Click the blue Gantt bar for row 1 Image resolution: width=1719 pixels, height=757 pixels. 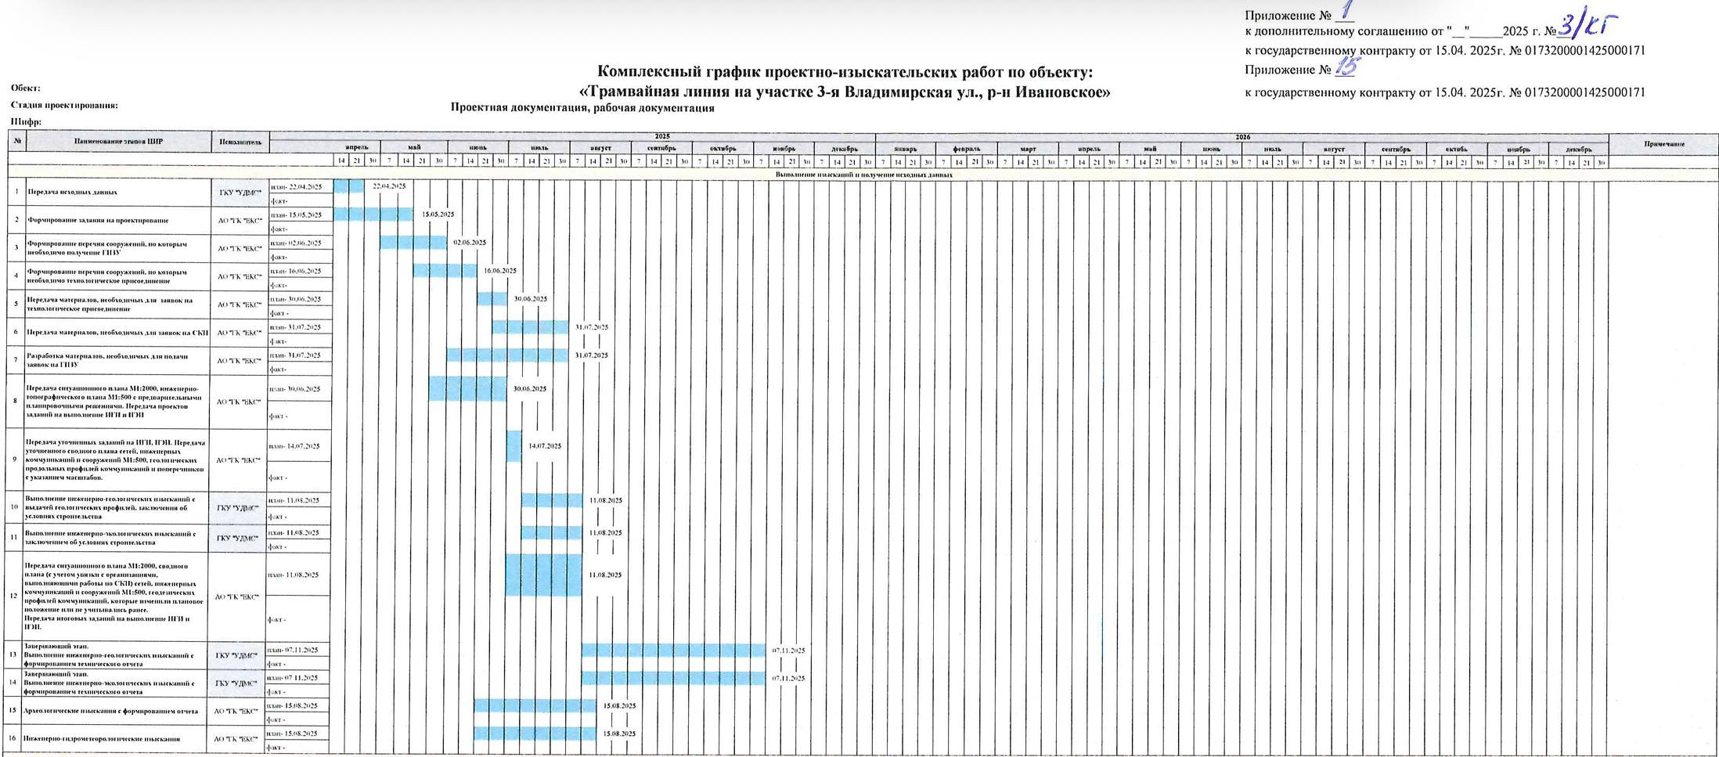(348, 186)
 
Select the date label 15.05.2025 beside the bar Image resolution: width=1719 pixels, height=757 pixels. (438, 214)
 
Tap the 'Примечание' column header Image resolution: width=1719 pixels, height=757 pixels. (1663, 143)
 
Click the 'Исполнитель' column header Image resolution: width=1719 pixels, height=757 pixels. (240, 142)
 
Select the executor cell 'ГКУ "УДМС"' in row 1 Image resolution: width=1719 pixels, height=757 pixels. (238, 193)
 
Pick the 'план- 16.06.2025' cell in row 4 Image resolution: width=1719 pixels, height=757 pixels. (297, 271)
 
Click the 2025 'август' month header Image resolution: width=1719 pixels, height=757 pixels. (600, 148)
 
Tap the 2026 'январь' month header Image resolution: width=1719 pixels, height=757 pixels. (906, 148)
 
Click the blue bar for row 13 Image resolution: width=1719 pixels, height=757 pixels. (673, 650)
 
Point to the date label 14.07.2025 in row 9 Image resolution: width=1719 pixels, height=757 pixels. (545, 446)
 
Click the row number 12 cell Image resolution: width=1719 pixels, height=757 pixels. (15, 596)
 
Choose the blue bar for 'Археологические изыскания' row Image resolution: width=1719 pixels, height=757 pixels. (535, 705)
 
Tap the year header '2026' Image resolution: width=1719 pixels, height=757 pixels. (1242, 137)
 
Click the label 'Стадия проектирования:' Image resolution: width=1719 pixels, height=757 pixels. (64, 105)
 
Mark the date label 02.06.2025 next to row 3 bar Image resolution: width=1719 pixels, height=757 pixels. (470, 243)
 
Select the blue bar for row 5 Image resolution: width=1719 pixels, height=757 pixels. (492, 299)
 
